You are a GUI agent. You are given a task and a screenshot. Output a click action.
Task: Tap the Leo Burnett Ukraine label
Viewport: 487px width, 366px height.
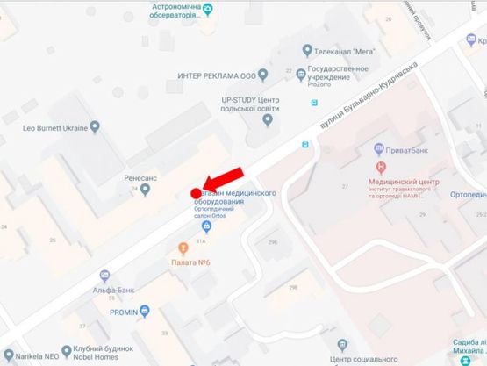(55, 128)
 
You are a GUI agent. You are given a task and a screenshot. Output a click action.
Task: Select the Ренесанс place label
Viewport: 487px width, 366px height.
(140, 176)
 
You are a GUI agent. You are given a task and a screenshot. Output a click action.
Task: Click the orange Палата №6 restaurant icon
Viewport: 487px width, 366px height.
(183, 248)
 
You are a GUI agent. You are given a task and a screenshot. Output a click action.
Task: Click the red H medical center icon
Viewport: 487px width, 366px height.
(380, 167)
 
